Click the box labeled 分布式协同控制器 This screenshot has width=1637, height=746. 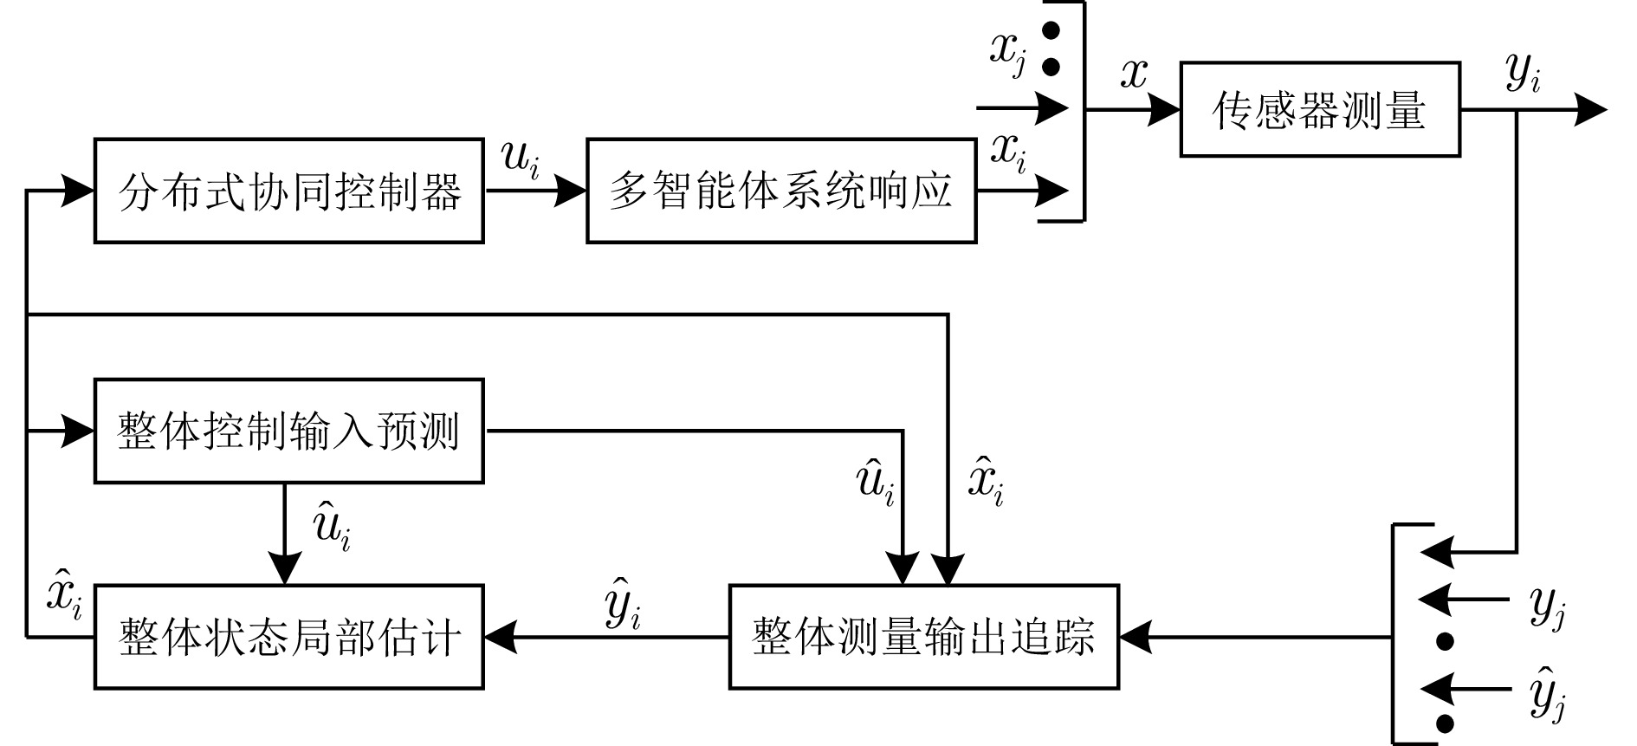288,191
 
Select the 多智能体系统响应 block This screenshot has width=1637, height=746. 781,191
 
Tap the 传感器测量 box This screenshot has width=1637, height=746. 1319,109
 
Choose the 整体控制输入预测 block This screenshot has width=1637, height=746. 288,431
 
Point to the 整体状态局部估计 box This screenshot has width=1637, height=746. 288,638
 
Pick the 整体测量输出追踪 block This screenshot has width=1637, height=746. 923,638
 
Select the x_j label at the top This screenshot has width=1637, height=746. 1007,53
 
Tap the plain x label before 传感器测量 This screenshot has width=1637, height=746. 1133,75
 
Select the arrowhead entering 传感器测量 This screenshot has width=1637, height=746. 1166,110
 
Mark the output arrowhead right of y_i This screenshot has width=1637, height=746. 1591,110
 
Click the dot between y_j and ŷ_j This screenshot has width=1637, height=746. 1444,642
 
